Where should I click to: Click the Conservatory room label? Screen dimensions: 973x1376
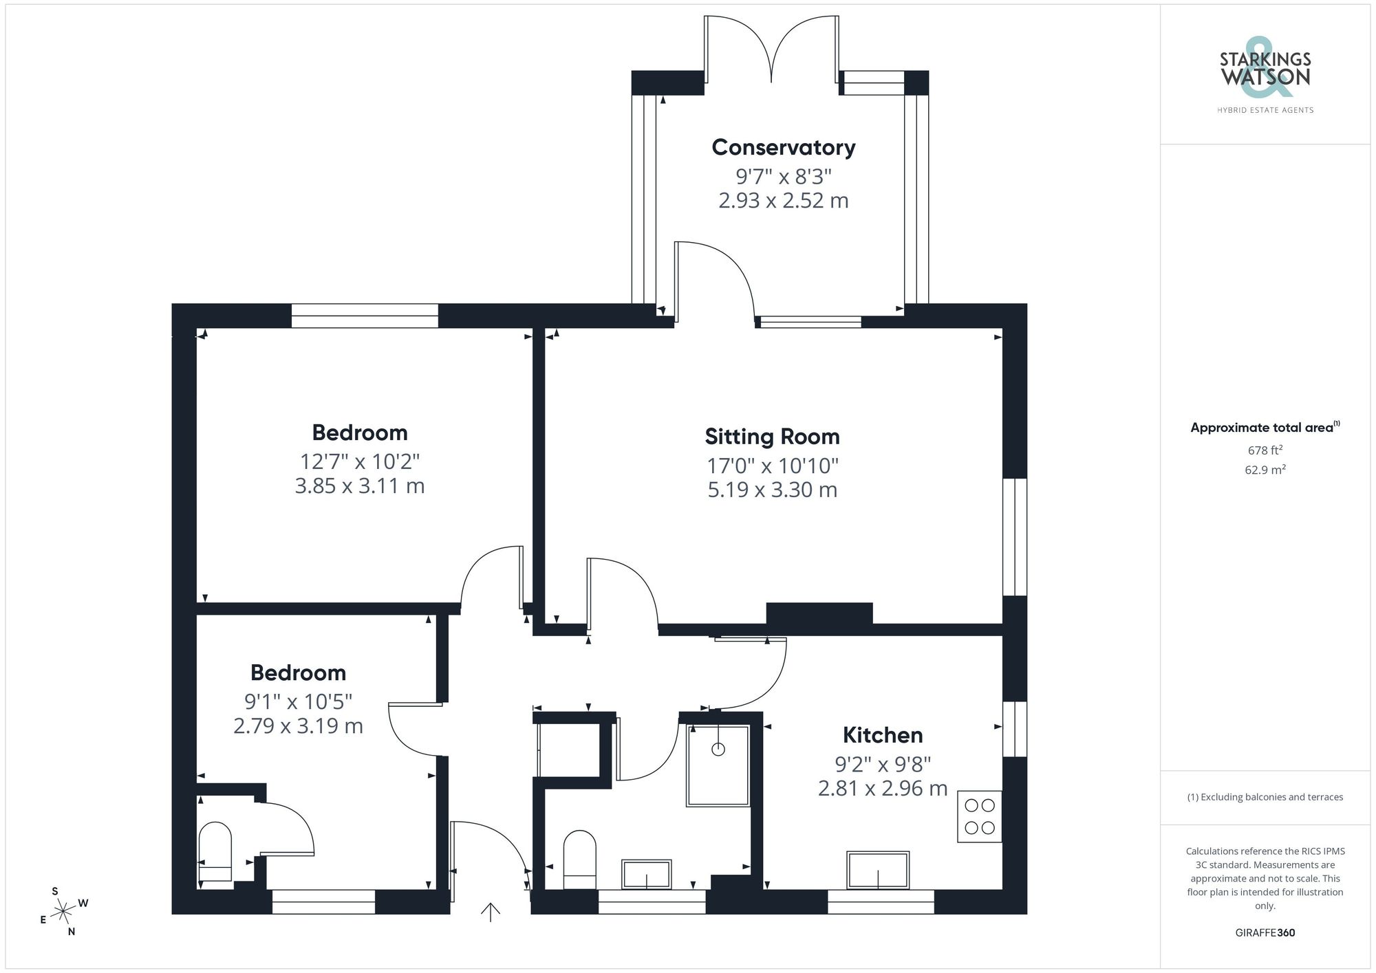pyautogui.click(x=783, y=147)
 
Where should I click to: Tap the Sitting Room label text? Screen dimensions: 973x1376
pyautogui.click(x=772, y=437)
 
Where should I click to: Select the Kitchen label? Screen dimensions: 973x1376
pyautogui.click(x=882, y=735)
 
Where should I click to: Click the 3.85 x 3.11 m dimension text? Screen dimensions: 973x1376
pyautogui.click(x=359, y=486)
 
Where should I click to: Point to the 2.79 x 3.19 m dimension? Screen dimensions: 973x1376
pyautogui.click(x=298, y=726)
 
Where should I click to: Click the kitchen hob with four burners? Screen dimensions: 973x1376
pyautogui.click(x=979, y=816)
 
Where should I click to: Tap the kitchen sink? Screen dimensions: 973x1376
pyautogui.click(x=878, y=870)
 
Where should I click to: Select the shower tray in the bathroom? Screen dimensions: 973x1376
pyautogui.click(x=718, y=765)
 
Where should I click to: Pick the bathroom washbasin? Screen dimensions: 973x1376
pyautogui.click(x=646, y=874)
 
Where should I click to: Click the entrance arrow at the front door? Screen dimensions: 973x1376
pyautogui.click(x=490, y=912)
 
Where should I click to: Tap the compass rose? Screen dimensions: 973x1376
pyautogui.click(x=63, y=912)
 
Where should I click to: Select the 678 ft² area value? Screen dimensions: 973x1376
pyautogui.click(x=1265, y=450)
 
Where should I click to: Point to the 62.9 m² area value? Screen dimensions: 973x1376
pyautogui.click(x=1265, y=470)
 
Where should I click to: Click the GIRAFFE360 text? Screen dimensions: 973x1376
pyautogui.click(x=1265, y=933)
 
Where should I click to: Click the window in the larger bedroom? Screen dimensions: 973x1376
pyautogui.click(x=365, y=316)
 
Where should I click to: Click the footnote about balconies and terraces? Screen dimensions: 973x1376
pyautogui.click(x=1265, y=797)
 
